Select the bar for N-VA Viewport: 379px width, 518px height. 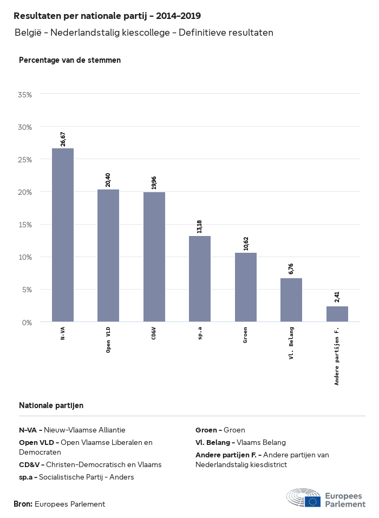tap(63, 235)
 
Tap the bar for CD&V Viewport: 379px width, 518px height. tap(154, 257)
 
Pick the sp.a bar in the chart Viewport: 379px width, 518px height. tap(200, 279)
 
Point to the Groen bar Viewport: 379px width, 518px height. tap(246, 287)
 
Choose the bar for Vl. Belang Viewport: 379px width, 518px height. tap(291, 300)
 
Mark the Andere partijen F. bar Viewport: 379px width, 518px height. tap(337, 314)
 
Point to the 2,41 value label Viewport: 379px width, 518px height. tap(337, 297)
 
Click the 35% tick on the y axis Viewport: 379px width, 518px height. tap(25, 95)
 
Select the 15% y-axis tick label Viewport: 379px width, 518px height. tap(25, 225)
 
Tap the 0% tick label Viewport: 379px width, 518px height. tap(27, 323)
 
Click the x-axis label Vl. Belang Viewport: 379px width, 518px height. tap(291, 344)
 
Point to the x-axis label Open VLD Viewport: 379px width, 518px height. tap(108, 340)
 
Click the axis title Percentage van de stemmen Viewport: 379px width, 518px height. tap(70, 60)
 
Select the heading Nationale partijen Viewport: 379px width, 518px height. tap(51, 405)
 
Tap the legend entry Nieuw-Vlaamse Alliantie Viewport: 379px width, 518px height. tap(84, 430)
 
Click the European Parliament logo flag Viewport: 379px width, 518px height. tap(312, 501)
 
